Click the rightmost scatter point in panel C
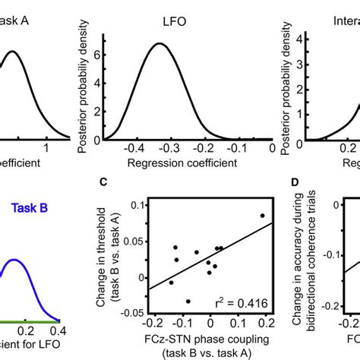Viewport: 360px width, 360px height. (x=262, y=216)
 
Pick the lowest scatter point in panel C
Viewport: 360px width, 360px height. (x=188, y=301)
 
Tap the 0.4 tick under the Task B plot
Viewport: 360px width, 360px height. (x=58, y=331)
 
